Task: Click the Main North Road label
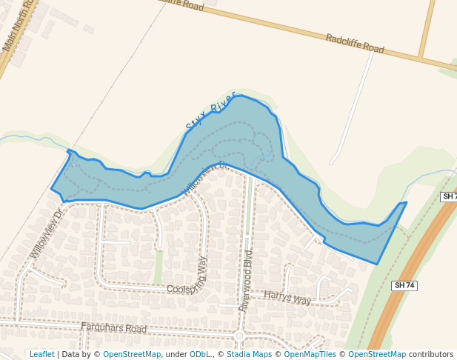click(x=19, y=27)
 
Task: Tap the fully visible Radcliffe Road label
click(x=355, y=44)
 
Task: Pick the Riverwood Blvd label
click(x=246, y=281)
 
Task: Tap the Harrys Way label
click(x=287, y=299)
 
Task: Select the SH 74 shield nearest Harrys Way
click(x=404, y=285)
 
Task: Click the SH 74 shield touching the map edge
click(x=448, y=196)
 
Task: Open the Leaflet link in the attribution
click(x=41, y=354)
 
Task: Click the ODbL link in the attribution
click(x=200, y=354)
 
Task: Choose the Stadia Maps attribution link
click(x=247, y=354)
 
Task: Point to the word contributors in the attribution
click(x=431, y=354)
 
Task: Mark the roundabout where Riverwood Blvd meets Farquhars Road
click(x=239, y=336)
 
